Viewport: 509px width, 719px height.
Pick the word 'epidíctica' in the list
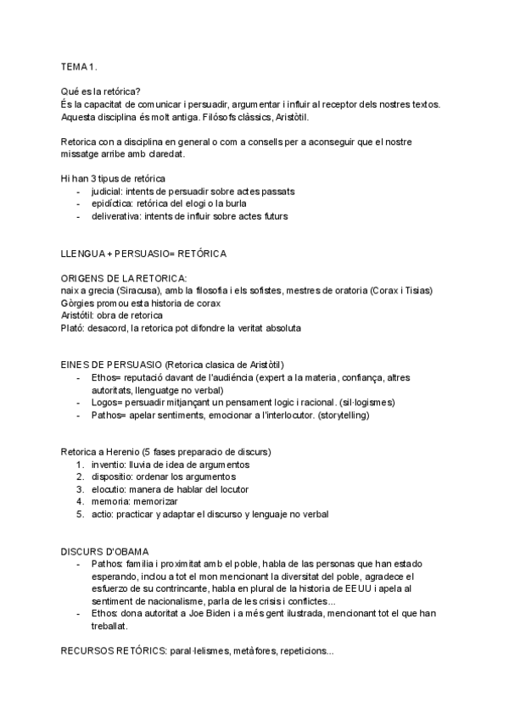point(112,204)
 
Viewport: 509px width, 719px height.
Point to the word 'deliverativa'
point(117,216)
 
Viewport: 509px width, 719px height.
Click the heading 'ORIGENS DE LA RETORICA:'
point(124,279)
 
